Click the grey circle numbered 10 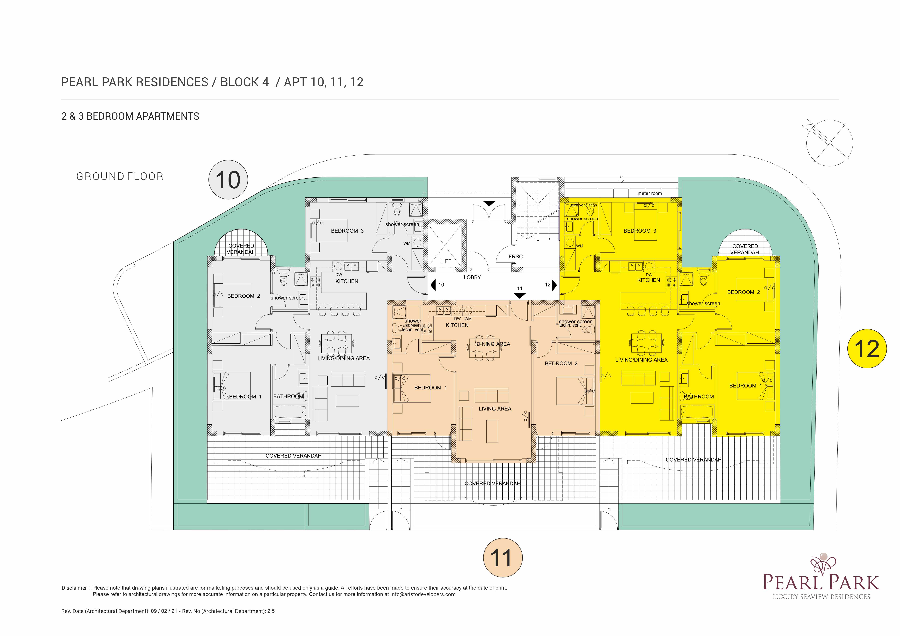click(x=228, y=180)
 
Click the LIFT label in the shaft click(x=446, y=261)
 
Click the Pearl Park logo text click(x=821, y=582)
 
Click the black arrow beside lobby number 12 click(x=554, y=285)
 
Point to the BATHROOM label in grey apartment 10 click(x=288, y=397)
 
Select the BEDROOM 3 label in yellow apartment click(x=640, y=231)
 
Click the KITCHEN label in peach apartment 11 click(x=457, y=325)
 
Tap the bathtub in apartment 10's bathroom click(x=290, y=412)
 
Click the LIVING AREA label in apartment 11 click(x=495, y=409)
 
